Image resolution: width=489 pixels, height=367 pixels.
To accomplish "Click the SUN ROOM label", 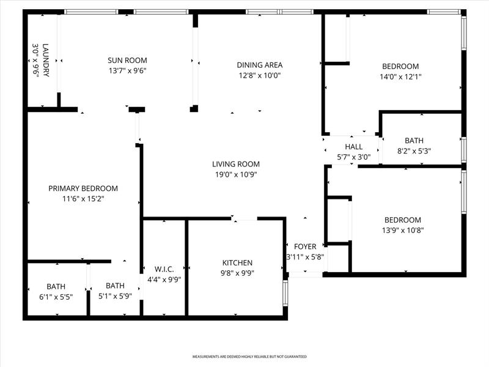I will click(x=127, y=60).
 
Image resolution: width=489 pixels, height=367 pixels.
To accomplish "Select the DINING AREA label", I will click(x=260, y=65).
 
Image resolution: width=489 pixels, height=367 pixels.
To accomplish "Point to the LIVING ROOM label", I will click(x=236, y=164).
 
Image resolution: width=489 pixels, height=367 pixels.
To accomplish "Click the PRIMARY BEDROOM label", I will click(x=83, y=188).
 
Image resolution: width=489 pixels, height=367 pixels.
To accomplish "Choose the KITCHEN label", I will click(x=237, y=262).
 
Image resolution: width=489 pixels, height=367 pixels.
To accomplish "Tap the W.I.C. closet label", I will click(x=164, y=269).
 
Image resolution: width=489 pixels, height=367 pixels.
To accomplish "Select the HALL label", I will click(x=354, y=147).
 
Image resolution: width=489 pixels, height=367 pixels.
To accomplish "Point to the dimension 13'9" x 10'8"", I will click(x=403, y=231).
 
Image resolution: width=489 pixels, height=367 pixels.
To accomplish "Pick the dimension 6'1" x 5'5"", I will click(x=56, y=297).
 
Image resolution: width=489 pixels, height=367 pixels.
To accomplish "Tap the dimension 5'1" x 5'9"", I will click(x=115, y=297).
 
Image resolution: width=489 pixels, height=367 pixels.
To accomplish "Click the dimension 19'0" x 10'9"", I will click(x=236, y=174).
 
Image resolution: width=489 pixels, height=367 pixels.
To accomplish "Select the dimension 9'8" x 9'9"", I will click(x=237, y=273).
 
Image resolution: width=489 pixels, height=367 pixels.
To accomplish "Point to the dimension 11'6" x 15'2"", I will click(x=83, y=199).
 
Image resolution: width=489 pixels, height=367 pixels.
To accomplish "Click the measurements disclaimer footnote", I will click(x=249, y=356).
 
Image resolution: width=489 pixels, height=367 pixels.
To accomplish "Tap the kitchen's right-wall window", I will click(x=285, y=294).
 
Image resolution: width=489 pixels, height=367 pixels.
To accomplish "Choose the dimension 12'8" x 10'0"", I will click(x=260, y=75).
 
